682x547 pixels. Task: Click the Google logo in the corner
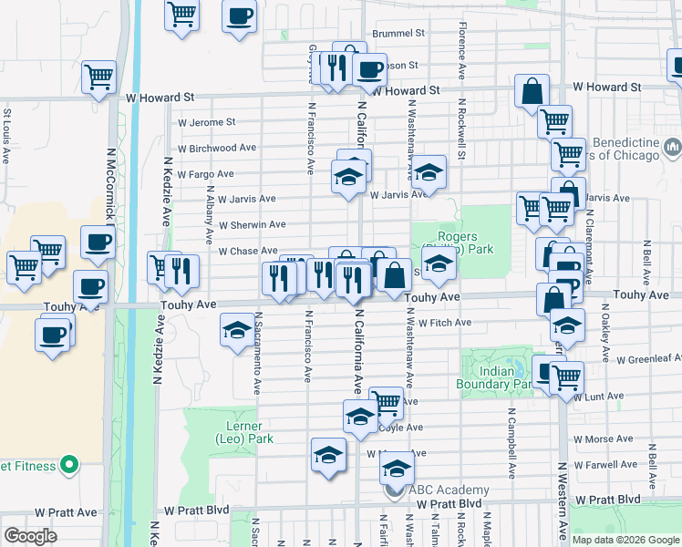[x=31, y=536]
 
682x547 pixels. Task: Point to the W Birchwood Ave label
[x=217, y=148]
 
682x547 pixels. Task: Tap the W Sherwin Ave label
[x=253, y=224]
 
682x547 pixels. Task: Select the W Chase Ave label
[x=242, y=251]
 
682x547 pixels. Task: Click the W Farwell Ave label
[x=611, y=464]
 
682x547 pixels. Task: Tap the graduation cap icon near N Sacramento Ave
[x=237, y=329]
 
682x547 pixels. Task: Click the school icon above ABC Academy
[x=397, y=469]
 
